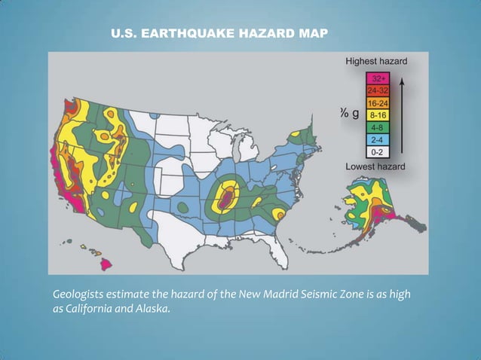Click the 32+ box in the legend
coord(377,78)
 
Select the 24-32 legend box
coord(377,90)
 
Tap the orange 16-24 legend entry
coord(377,102)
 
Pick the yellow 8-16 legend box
coord(377,115)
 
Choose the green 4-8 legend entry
coord(377,127)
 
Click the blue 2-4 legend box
coord(377,139)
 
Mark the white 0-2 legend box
coord(377,151)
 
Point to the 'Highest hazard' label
coord(376,60)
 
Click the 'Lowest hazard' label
coord(375,166)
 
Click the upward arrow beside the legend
coord(404,113)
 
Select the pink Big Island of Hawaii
coord(107,264)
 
